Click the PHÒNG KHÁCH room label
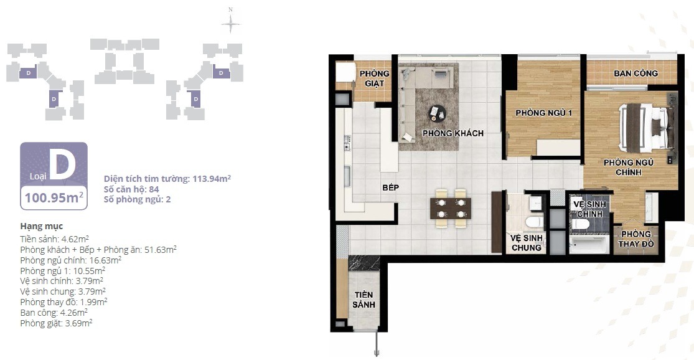click(x=453, y=133)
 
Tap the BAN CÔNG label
click(x=635, y=73)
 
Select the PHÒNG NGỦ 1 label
click(x=543, y=113)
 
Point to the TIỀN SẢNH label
click(x=364, y=300)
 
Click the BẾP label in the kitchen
click(x=390, y=187)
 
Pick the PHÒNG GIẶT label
click(x=375, y=78)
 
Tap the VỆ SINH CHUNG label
click(x=526, y=243)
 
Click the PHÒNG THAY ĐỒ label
click(x=635, y=239)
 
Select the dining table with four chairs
click(x=451, y=208)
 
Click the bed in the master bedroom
click(x=645, y=127)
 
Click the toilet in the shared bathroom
click(x=533, y=222)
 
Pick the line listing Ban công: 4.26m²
click(x=54, y=313)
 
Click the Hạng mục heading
click(x=42, y=227)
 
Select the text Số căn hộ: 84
click(x=131, y=189)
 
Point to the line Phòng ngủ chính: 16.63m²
click(x=71, y=260)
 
